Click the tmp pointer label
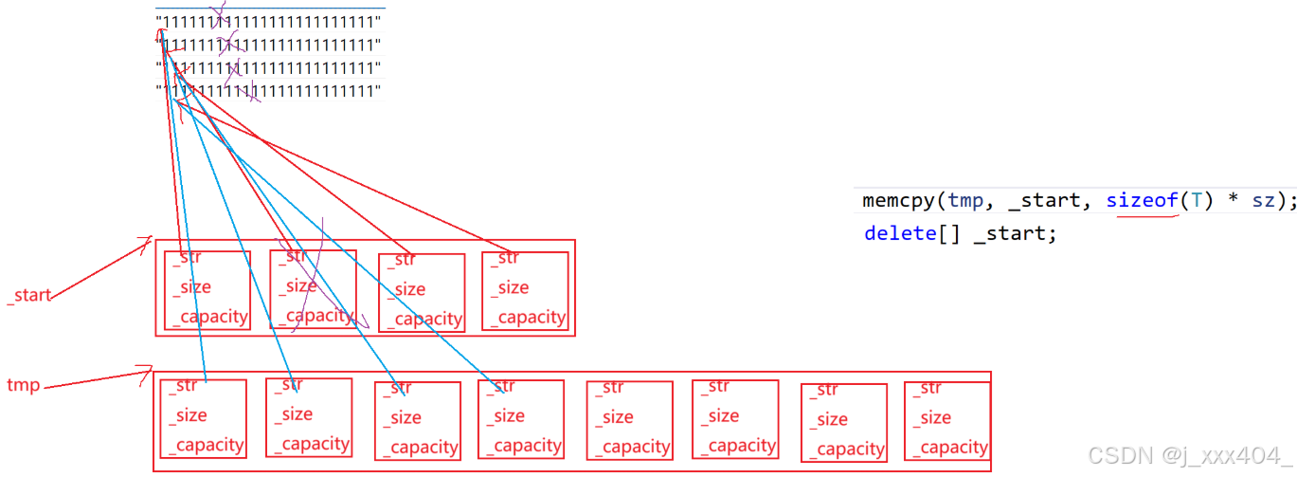23,385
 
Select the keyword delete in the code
899,233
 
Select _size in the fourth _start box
514,287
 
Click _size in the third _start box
410,289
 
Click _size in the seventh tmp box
831,419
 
